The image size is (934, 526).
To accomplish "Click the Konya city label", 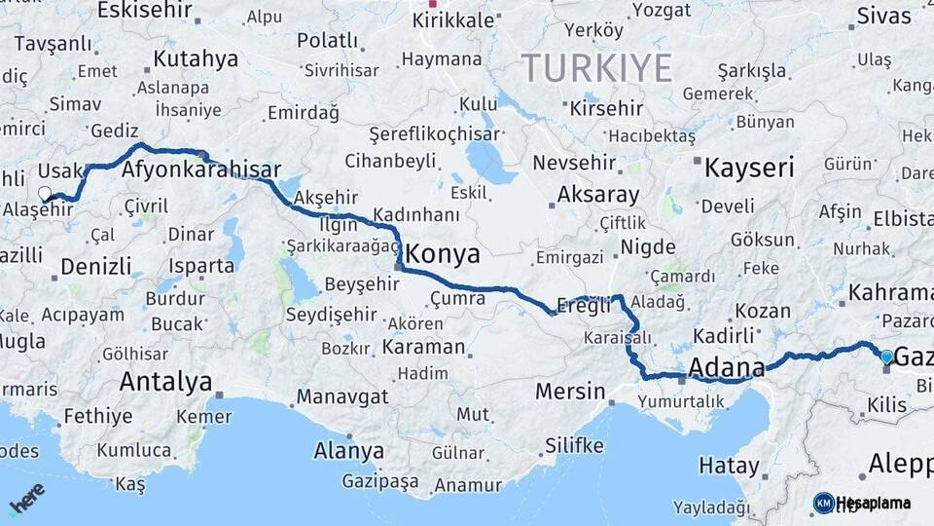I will click(443, 255).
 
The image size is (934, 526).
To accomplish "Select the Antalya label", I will click(165, 382).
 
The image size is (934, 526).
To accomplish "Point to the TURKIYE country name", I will click(596, 68).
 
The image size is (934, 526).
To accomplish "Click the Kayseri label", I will click(749, 168).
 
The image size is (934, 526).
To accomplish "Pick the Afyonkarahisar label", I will click(201, 169).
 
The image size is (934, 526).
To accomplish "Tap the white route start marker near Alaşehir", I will click(44, 193).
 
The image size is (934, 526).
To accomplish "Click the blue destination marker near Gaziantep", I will click(885, 357).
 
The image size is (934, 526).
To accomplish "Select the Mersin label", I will click(570, 392).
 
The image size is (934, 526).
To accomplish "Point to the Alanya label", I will click(348, 451).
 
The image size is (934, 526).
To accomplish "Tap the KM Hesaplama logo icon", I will click(823, 503).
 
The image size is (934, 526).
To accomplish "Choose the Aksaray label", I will click(597, 195).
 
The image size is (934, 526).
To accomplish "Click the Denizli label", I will click(95, 266).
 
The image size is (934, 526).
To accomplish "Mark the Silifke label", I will click(574, 446).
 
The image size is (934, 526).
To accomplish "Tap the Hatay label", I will click(728, 466).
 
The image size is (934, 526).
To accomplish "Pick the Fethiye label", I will click(97, 417).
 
